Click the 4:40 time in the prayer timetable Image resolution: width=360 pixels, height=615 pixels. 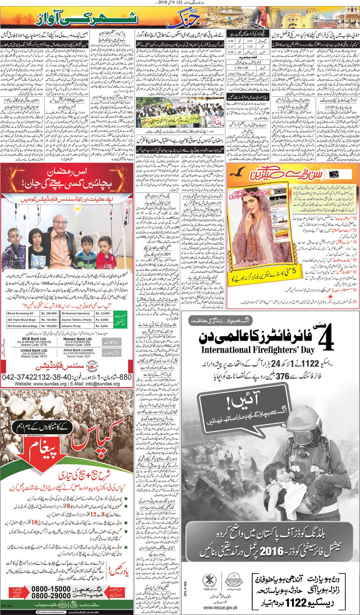[x=231, y=41]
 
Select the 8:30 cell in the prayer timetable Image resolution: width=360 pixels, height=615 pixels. [x=231, y=52]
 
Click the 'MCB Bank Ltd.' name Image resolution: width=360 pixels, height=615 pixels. [x=34, y=339]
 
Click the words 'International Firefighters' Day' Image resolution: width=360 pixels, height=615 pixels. [x=258, y=349]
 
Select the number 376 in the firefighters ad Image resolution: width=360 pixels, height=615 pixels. [x=283, y=376]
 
